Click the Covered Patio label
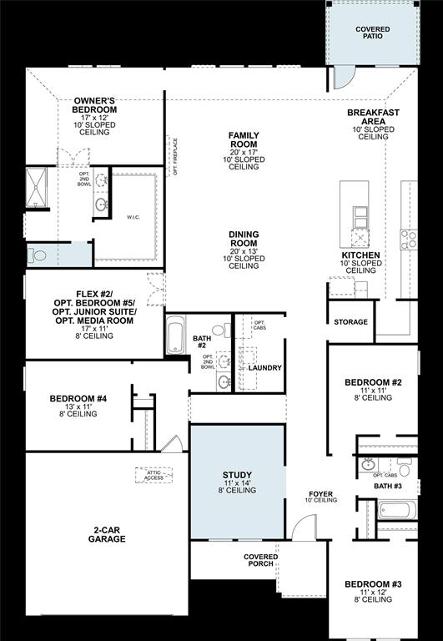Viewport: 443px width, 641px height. coord(372,33)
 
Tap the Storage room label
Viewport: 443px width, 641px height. coord(350,322)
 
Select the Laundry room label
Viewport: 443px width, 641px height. coord(264,367)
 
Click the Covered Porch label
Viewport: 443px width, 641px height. coord(260,561)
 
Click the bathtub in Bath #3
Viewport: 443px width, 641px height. coord(395,509)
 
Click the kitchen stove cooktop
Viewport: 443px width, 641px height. coord(408,240)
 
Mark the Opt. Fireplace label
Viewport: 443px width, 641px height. coord(175,157)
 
